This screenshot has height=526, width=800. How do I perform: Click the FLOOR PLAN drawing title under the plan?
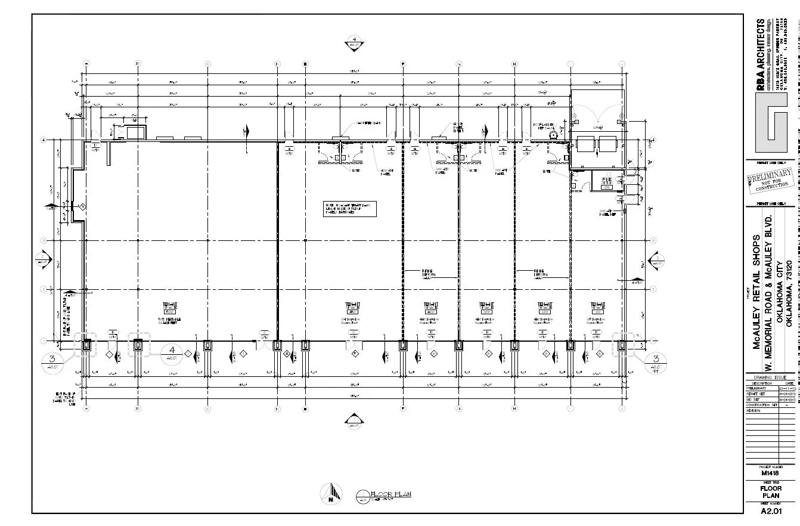point(390,494)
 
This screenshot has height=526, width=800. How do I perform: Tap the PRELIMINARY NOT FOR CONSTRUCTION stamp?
point(770,180)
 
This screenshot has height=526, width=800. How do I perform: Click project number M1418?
point(770,473)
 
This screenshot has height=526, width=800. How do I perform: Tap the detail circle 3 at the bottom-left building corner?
point(52,361)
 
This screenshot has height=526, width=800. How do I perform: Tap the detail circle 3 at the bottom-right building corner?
point(656,361)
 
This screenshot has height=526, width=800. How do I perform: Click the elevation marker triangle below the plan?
point(354,422)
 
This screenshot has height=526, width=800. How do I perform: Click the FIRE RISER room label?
point(607,181)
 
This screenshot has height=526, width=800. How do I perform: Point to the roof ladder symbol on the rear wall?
point(553,135)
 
